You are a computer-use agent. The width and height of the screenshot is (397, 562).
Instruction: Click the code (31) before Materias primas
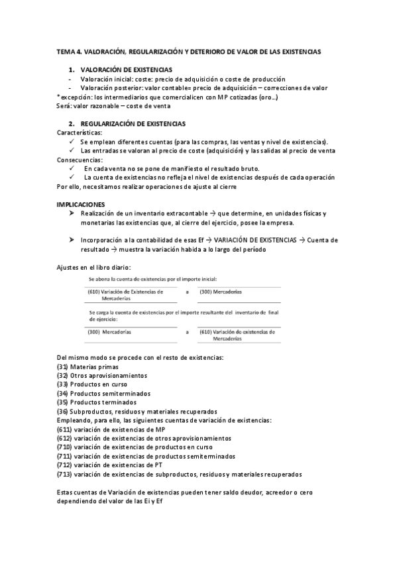point(62,366)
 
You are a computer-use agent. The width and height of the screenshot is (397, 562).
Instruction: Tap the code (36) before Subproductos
point(62,411)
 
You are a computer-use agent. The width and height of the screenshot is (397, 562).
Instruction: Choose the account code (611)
point(64,429)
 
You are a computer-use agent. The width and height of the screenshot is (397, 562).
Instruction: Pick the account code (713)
point(64,474)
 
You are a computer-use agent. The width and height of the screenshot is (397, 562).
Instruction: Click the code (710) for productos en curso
point(64,447)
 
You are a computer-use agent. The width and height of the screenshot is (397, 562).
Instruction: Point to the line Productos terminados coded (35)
point(96,402)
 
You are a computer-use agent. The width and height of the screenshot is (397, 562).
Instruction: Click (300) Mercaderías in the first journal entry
point(221,292)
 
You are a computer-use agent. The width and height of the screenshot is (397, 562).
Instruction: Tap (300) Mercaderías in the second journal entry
point(109,331)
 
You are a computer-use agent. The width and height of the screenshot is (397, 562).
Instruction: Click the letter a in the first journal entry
point(187,292)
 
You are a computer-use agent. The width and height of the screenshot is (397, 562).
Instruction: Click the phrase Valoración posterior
point(110,87)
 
